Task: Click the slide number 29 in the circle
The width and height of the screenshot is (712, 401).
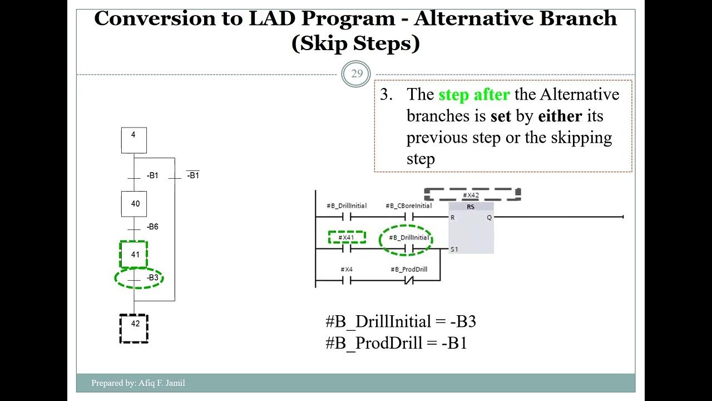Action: (x=356, y=74)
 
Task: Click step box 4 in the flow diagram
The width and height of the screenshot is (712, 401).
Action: (x=134, y=140)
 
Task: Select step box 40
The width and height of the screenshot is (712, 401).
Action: (x=134, y=204)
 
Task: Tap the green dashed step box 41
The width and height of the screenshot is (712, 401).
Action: (x=134, y=255)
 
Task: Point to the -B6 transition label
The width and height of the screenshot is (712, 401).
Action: (x=152, y=227)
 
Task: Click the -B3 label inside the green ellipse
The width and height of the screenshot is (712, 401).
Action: (x=152, y=277)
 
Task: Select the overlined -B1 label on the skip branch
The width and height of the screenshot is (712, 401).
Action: (x=192, y=175)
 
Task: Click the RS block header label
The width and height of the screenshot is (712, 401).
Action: (x=470, y=207)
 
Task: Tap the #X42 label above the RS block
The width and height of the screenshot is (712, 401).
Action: (x=471, y=195)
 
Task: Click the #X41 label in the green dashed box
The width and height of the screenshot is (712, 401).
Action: (x=347, y=237)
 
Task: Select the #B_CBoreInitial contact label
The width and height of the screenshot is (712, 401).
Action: (x=408, y=206)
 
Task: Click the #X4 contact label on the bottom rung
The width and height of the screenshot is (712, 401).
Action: (x=347, y=269)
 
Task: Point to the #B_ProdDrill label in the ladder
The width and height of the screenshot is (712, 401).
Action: (x=408, y=269)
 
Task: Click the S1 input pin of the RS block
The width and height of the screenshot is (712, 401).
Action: (x=454, y=249)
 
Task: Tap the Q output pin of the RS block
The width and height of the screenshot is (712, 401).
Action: (x=489, y=217)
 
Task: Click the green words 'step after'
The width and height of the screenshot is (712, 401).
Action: (x=473, y=95)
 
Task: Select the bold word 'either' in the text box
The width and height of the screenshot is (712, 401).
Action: (x=560, y=116)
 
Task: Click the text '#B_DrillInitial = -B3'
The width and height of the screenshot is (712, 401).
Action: (x=400, y=322)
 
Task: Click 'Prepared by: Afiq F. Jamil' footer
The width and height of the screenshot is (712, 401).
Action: (x=138, y=383)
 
